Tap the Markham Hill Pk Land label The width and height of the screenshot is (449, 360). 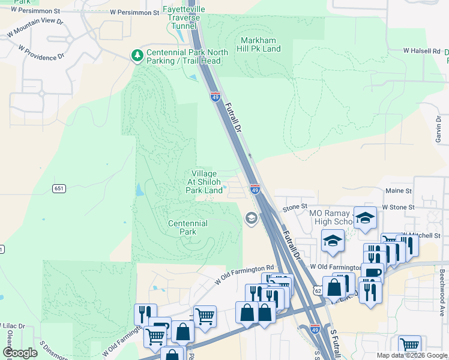pyautogui.click(x=261, y=44)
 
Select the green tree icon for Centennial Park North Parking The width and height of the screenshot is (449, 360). pyautogui.click(x=137, y=56)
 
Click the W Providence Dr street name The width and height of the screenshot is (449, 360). pyautogui.click(x=41, y=52)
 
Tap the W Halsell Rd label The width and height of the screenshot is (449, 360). pyautogui.click(x=421, y=52)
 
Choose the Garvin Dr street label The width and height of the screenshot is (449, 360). pyautogui.click(x=438, y=128)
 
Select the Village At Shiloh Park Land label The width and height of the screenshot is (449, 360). pyautogui.click(x=204, y=182)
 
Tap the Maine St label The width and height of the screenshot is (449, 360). pyautogui.click(x=399, y=191)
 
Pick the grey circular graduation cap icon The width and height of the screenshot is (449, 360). pyautogui.click(x=251, y=217)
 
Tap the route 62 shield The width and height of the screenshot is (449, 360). pyautogui.click(x=318, y=290)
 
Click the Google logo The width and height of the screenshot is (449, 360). pyautogui.click(x=20, y=353)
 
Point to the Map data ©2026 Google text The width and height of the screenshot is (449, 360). pyautogui.click(x=412, y=355)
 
